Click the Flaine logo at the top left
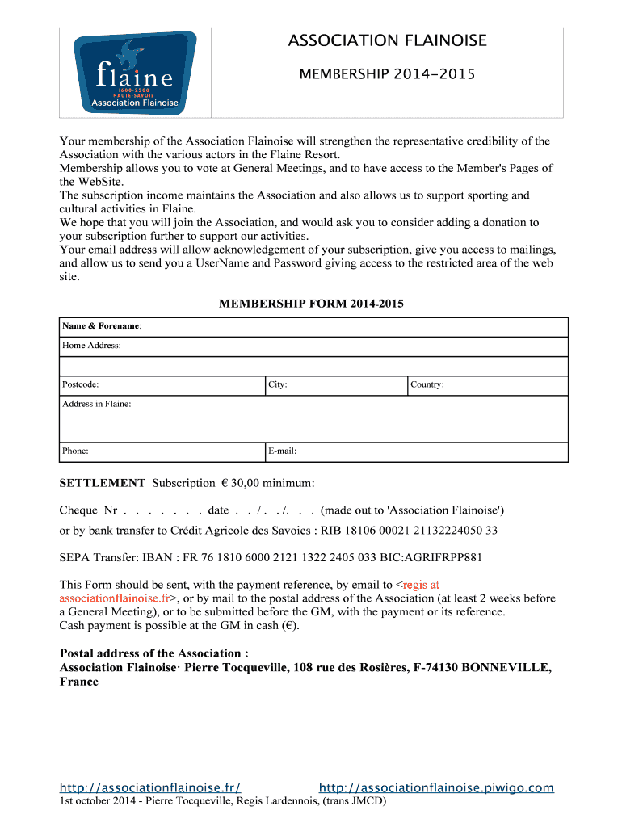tap(135, 73)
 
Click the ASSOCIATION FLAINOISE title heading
tap(388, 40)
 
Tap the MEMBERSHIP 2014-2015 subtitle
tap(388, 75)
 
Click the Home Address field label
tap(91, 346)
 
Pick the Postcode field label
tap(81, 385)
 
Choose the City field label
tap(278, 385)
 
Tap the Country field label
tap(427, 385)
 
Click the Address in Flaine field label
tap(96, 404)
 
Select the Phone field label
tap(75, 451)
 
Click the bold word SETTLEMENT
tap(103, 483)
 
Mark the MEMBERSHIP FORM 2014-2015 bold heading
tap(311, 304)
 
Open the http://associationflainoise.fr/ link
tap(150, 788)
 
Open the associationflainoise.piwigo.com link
tap(436, 788)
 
